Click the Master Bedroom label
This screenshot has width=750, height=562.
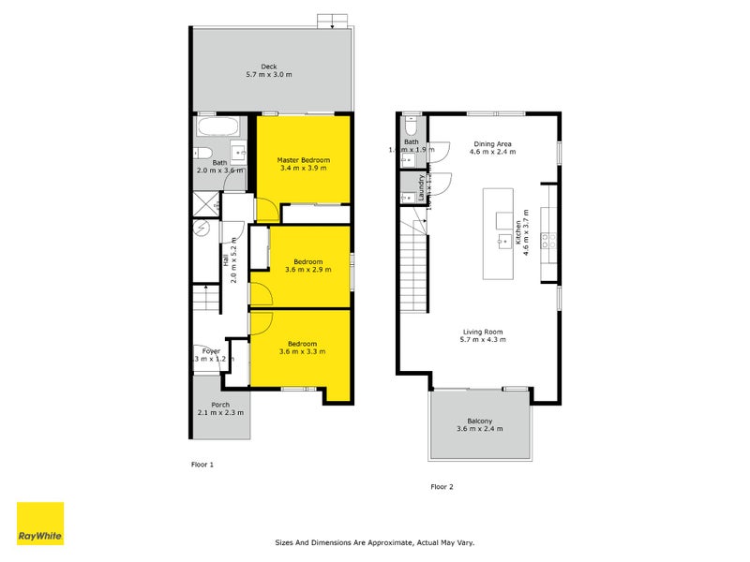[x=302, y=164]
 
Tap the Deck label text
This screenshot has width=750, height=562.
[x=269, y=70]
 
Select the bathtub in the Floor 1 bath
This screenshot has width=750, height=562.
[x=218, y=128]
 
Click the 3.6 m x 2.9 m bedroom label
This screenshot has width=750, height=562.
[x=307, y=266]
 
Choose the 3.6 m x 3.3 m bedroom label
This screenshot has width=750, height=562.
[x=302, y=348]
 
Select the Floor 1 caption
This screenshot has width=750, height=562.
[x=202, y=464]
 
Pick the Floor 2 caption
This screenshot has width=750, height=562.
[x=442, y=486]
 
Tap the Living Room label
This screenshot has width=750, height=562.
[x=482, y=335]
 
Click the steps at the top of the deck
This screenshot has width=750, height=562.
[x=331, y=21]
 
